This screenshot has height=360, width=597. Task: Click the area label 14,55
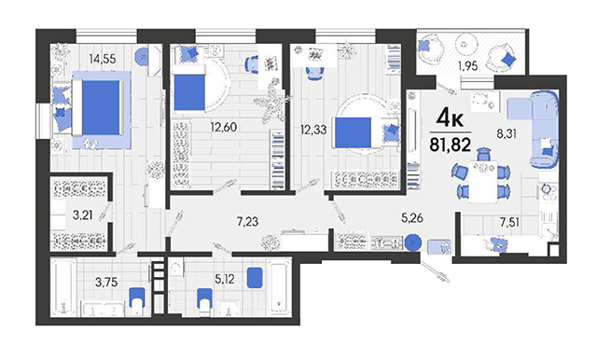pyautogui.click(x=102, y=59)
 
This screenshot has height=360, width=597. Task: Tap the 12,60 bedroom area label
pyautogui.click(x=224, y=127)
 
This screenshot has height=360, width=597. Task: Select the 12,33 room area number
pyautogui.click(x=313, y=130)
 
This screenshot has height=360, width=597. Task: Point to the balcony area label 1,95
pyautogui.click(x=467, y=66)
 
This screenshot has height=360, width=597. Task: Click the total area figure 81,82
pyautogui.click(x=451, y=145)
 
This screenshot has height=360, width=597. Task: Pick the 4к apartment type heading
pyautogui.click(x=450, y=118)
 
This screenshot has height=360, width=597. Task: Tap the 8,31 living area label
pyautogui.click(x=506, y=133)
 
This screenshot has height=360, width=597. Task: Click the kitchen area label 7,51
pyautogui.click(x=510, y=222)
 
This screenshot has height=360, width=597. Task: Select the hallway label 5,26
pyautogui.click(x=412, y=217)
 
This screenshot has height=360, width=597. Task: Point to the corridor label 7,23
pyautogui.click(x=247, y=221)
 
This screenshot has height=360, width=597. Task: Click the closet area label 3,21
pyautogui.click(x=83, y=215)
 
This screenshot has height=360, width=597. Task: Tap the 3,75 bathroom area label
pyautogui.click(x=106, y=283)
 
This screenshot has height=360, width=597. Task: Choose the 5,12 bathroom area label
pyautogui.click(x=224, y=280)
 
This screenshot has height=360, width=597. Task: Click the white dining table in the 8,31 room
pyautogui.click(x=483, y=182)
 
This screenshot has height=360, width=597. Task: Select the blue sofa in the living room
pyautogui.click(x=545, y=130)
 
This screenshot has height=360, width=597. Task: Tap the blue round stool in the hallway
pyautogui.click(x=412, y=242)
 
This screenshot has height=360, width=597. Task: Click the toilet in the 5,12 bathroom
pyautogui.click(x=204, y=301)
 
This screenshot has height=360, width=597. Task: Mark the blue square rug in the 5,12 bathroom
pyautogui.click(x=255, y=277)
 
